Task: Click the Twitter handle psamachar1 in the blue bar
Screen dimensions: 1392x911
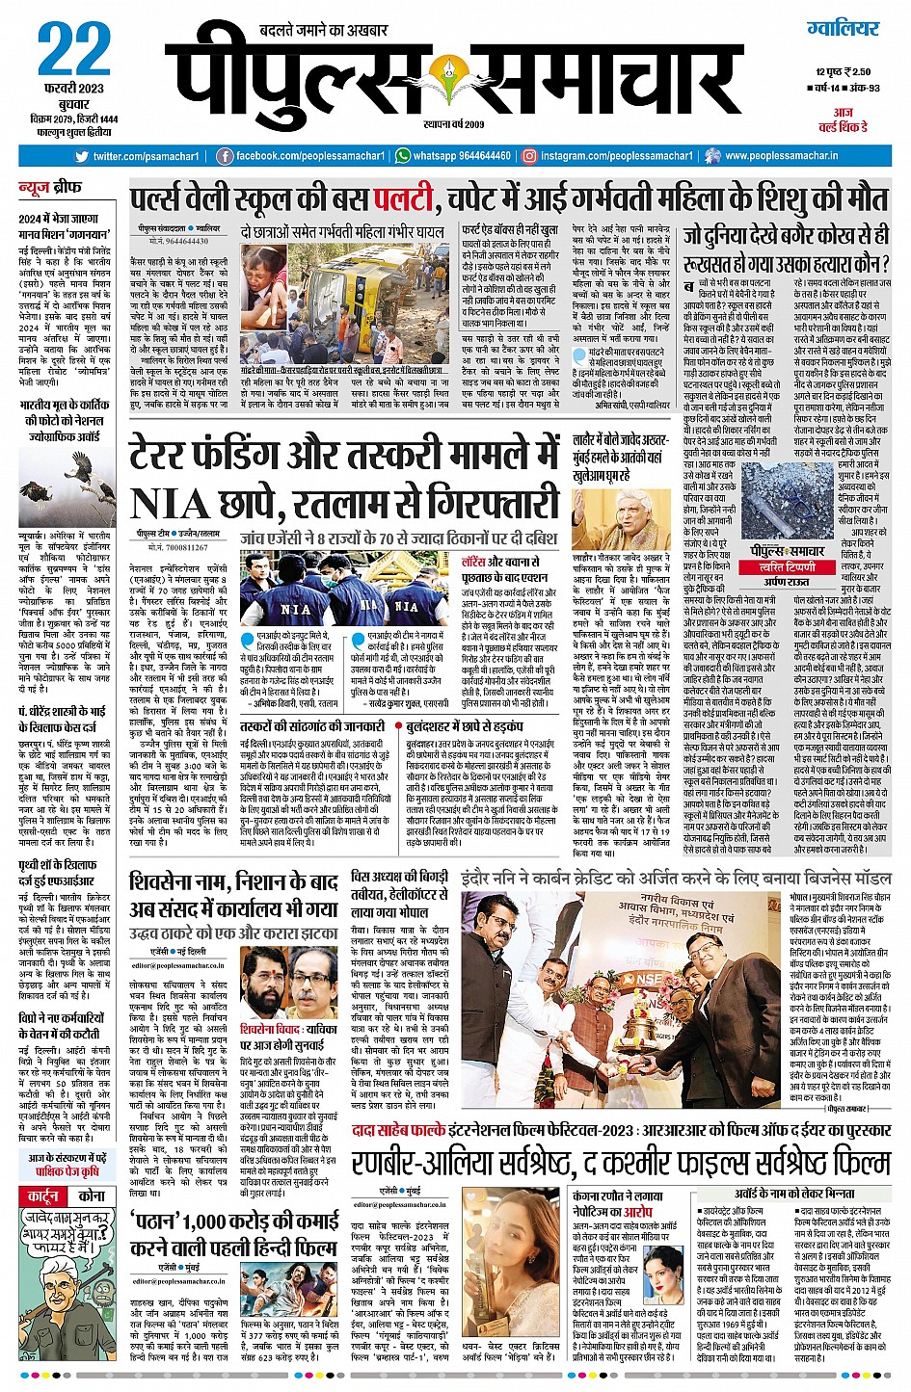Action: tap(146, 156)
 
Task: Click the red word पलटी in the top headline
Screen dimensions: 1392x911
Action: tap(407, 200)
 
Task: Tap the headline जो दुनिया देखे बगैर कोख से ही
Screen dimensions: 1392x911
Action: tap(786, 236)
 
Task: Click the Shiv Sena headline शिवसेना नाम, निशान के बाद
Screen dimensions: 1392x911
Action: tap(234, 881)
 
